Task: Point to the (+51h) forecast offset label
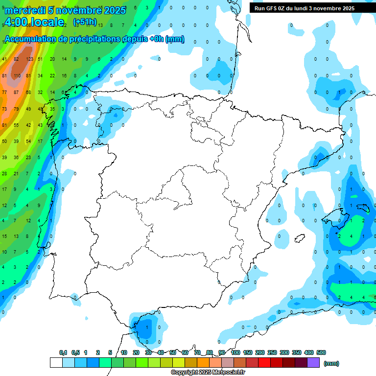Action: coord(85,22)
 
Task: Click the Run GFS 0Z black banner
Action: coord(311,8)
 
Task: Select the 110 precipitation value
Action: coord(17,76)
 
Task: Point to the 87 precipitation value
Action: coord(16,93)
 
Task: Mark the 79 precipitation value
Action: coord(16,109)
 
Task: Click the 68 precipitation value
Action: coord(28,93)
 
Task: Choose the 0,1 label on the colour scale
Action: coord(63,352)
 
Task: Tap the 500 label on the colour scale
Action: coord(321,352)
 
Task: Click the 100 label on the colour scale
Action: coord(235,352)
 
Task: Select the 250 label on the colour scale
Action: coord(272,352)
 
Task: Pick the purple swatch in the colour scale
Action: coord(313,362)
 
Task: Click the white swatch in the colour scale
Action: coord(56,362)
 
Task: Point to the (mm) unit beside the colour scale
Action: coord(332,363)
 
